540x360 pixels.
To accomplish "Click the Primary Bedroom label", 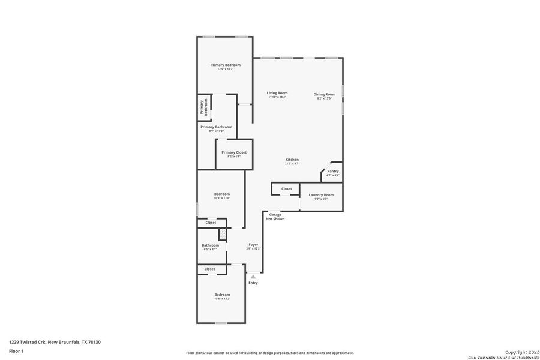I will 225,65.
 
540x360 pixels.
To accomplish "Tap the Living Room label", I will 277,93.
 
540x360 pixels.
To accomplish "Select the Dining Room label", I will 324,94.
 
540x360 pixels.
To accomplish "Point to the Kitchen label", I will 292,159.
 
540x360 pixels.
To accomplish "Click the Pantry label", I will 332,171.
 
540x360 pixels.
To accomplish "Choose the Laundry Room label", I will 321,195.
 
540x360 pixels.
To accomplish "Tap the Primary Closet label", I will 234,152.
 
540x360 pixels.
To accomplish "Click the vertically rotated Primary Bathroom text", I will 204,107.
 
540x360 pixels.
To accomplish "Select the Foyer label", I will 253,244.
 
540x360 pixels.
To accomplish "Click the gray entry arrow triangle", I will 253,277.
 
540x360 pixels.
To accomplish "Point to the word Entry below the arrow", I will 253,283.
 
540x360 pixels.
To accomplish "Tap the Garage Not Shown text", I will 275,217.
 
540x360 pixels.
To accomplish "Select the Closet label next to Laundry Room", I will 287,188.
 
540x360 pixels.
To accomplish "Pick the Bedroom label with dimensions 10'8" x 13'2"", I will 222,295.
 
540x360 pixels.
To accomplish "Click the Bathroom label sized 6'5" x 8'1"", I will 210,245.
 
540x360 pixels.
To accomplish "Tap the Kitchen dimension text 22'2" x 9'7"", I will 292,163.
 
